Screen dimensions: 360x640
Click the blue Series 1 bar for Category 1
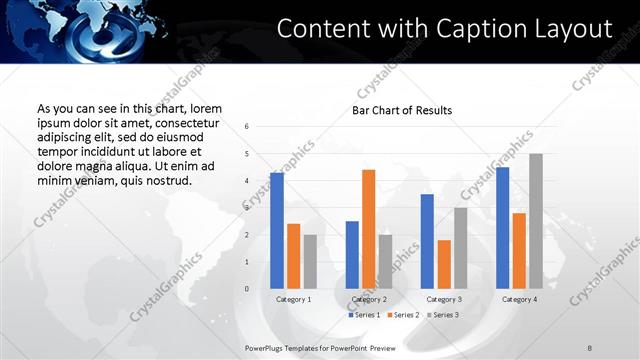point(277,230)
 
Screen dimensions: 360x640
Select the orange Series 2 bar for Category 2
point(368,229)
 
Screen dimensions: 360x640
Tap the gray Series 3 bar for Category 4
point(536,221)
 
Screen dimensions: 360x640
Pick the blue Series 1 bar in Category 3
point(427,241)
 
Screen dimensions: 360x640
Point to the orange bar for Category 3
point(443,264)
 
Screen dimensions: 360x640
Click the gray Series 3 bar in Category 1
point(310,261)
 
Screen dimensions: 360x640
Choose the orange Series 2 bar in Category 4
point(519,250)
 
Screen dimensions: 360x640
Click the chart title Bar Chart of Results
point(402,110)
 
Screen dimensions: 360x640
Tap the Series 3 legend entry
point(442,315)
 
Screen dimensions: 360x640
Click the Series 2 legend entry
point(403,315)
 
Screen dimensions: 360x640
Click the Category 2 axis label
point(369,299)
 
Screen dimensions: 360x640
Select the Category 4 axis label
point(519,299)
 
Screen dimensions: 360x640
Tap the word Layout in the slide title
point(575,29)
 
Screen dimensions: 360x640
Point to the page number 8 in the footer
point(590,347)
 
